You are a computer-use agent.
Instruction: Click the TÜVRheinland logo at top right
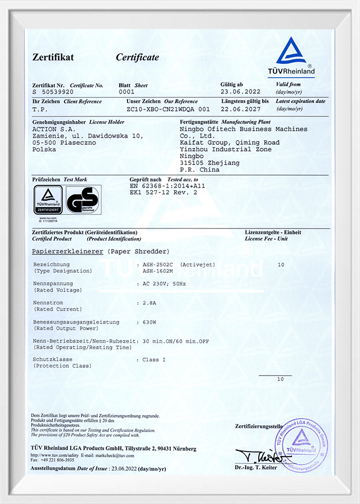295,57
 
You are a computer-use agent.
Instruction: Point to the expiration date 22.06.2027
241,109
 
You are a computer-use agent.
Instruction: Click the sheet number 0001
126,93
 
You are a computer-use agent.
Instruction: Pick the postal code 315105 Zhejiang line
203,163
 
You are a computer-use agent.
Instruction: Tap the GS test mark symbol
83,200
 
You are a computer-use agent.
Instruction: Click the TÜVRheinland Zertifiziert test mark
48,201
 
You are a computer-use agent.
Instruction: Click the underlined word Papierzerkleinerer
66,251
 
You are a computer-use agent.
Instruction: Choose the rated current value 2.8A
149,302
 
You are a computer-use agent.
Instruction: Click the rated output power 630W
150,322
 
